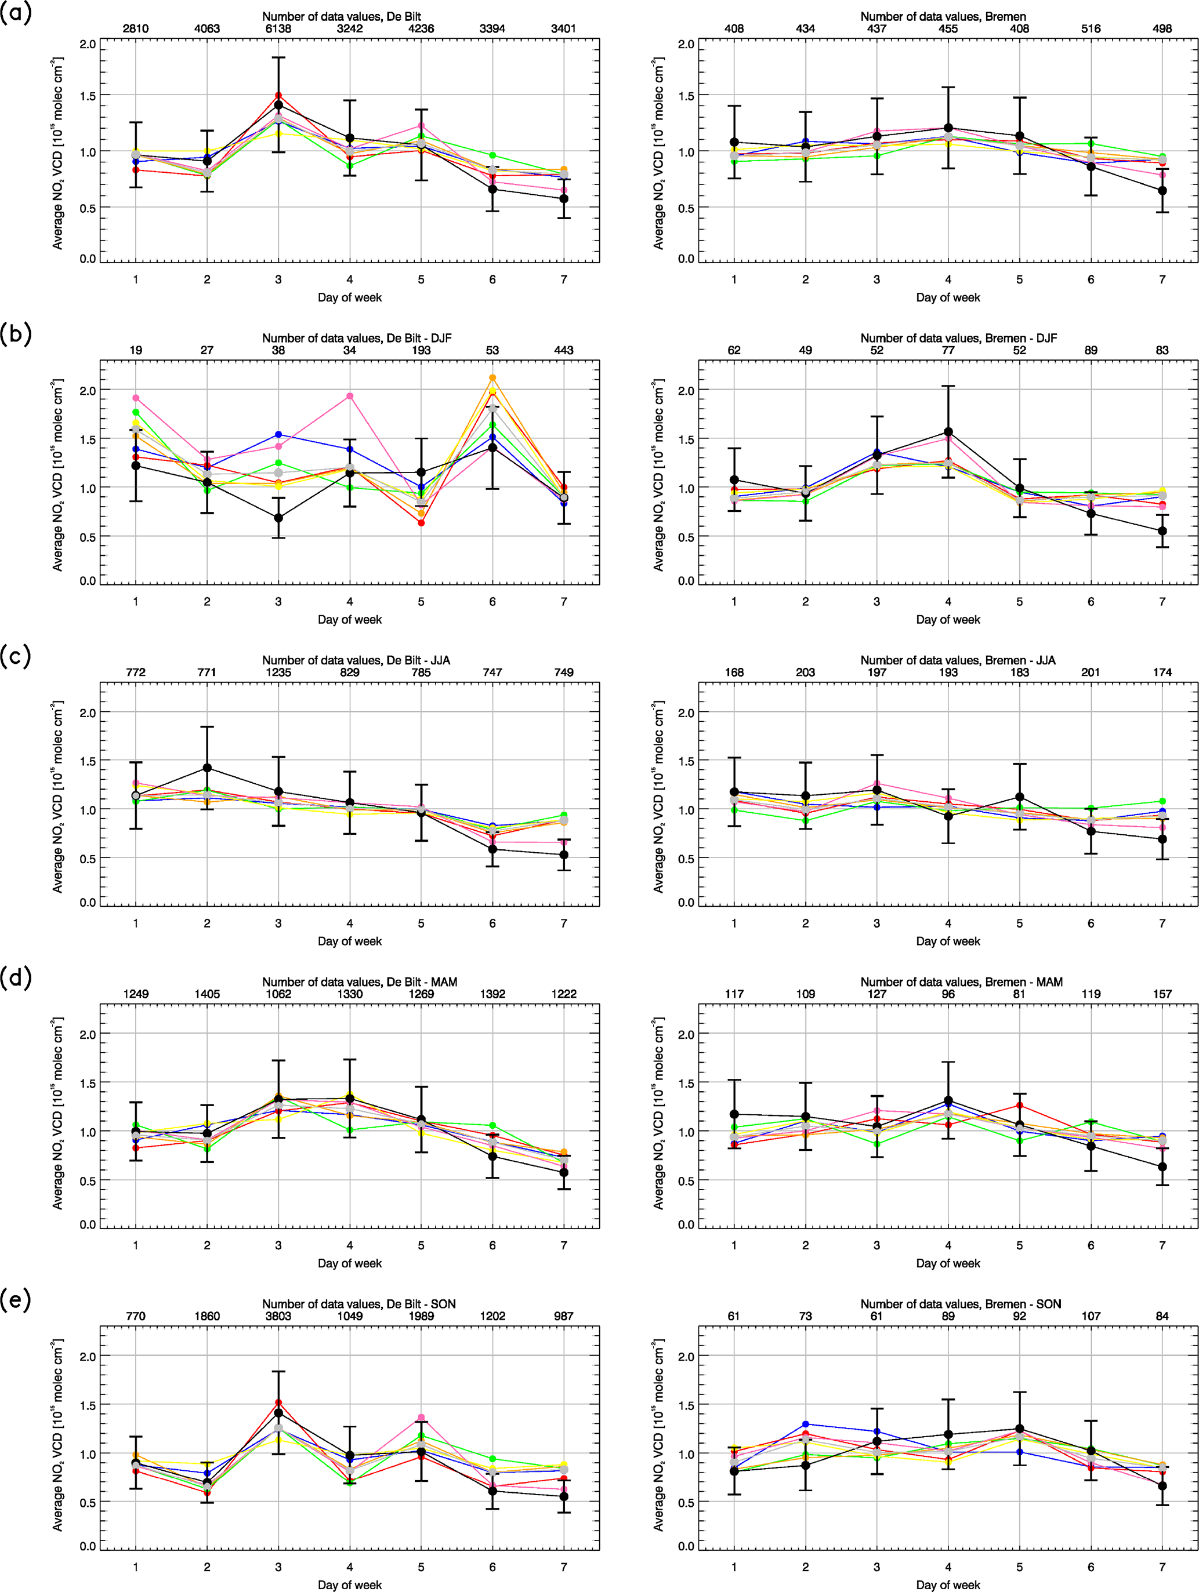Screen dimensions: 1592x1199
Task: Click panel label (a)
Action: pyautogui.click(x=16, y=13)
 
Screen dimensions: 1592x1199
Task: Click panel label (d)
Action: pyautogui.click(x=16, y=978)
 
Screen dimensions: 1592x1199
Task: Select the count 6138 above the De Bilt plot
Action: pyautogui.click(x=278, y=29)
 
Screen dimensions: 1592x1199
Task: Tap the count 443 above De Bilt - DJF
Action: pyautogui.click(x=563, y=351)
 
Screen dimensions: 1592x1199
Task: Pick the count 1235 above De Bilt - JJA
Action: pyautogui.click(x=278, y=672)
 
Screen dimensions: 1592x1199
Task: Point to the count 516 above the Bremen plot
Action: pyautogui.click(x=1091, y=29)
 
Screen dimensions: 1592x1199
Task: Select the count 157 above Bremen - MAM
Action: pyautogui.click(x=1161, y=994)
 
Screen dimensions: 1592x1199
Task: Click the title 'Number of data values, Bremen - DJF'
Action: pyautogui.click(x=958, y=338)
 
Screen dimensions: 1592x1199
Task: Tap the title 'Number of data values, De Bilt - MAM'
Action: pyautogui.click(x=359, y=982)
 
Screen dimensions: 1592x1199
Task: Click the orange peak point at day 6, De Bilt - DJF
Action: pyautogui.click(x=492, y=378)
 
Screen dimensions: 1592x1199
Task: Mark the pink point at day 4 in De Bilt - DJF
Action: pyautogui.click(x=350, y=396)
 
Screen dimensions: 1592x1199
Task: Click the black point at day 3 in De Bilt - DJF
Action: pyautogui.click(x=278, y=518)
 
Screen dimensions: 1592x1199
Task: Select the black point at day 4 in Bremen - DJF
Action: pyautogui.click(x=948, y=432)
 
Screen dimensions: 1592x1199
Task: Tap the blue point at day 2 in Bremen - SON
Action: pyautogui.click(x=805, y=1424)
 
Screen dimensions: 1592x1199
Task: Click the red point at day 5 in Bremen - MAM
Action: pyautogui.click(x=1019, y=1105)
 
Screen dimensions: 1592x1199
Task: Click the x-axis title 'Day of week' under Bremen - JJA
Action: pyautogui.click(x=948, y=942)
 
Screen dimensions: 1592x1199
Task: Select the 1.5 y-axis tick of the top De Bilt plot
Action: pyautogui.click(x=87, y=96)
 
